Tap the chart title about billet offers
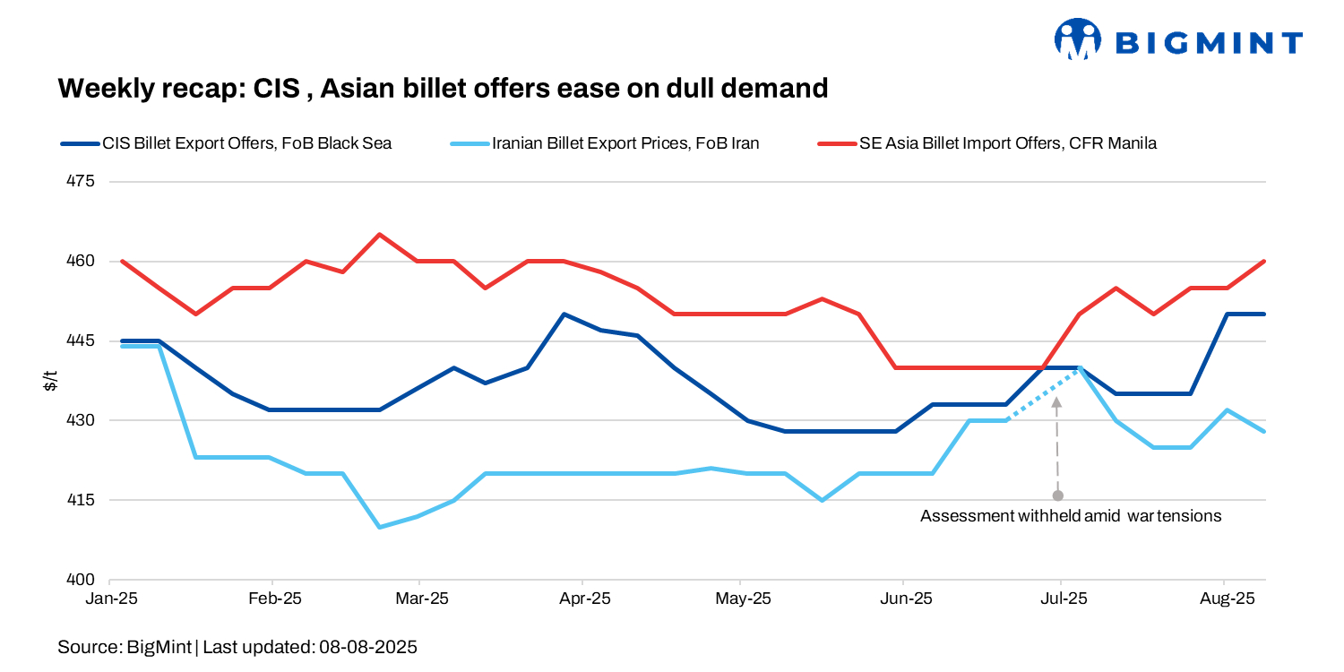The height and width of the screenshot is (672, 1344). coord(443,88)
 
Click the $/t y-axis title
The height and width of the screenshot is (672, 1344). coord(50,381)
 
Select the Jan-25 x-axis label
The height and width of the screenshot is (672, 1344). coord(112,599)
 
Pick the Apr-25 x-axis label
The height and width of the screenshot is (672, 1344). coord(585,599)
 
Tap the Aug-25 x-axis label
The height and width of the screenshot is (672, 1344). coord(1226,599)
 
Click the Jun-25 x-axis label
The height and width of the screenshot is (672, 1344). coord(903,599)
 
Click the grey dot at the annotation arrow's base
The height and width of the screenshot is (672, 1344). coord(1058,495)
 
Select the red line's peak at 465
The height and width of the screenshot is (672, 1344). coord(379,235)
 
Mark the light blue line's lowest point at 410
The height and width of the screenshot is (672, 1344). coord(379,527)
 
